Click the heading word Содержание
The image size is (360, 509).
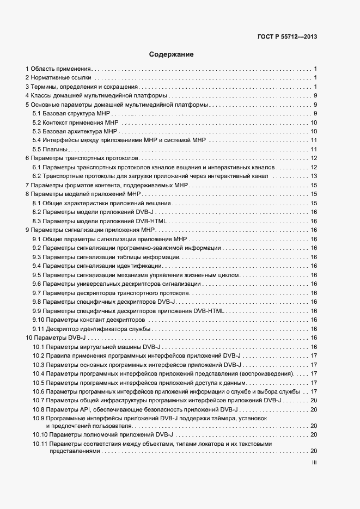pyautogui.click(x=172, y=54)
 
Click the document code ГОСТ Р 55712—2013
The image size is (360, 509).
pyautogui.click(x=287, y=37)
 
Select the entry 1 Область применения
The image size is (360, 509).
pyautogui.click(x=58, y=69)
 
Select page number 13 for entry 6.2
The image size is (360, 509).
pyautogui.click(x=314, y=176)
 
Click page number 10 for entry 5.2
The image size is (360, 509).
pyautogui.click(x=314, y=122)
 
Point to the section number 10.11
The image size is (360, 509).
pyautogui.click(x=39, y=444)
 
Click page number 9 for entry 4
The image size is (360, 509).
pyautogui.click(x=315, y=96)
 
